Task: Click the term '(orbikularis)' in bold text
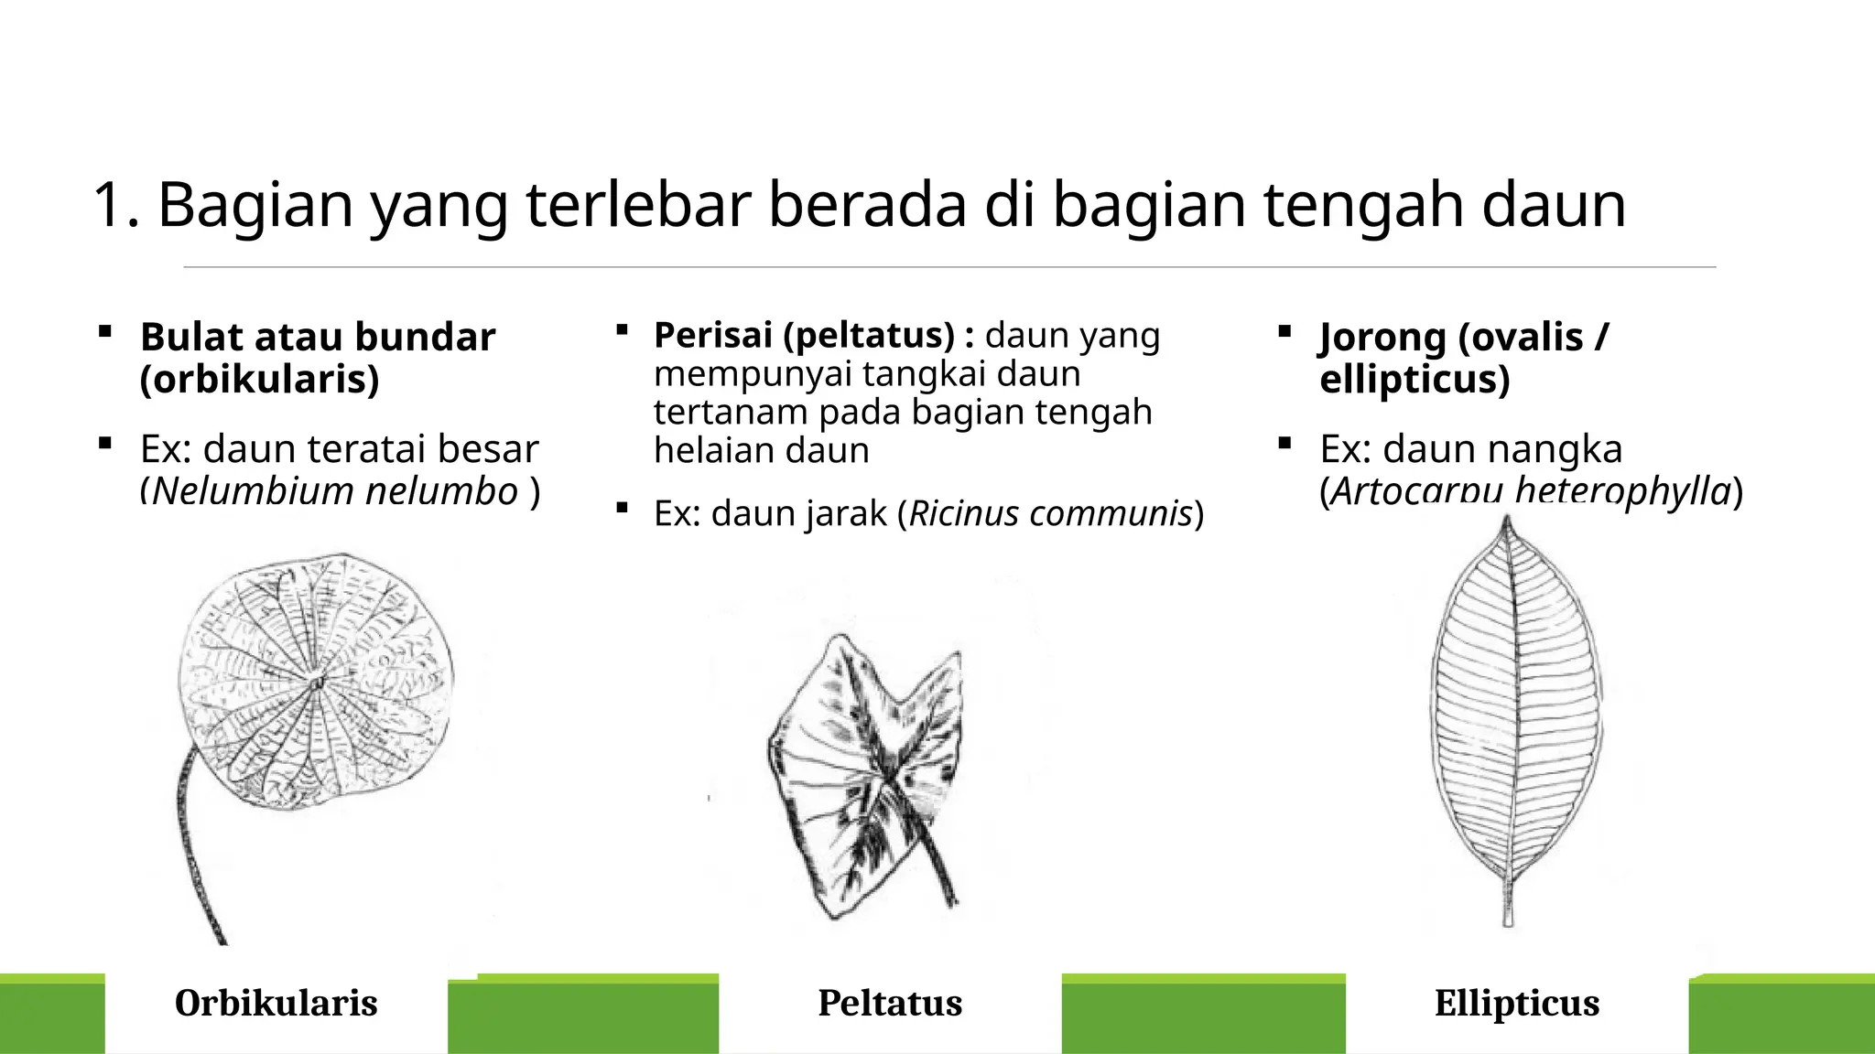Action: (259, 379)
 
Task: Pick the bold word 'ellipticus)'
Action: (1414, 379)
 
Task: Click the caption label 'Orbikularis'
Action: (276, 1003)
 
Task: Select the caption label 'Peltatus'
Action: (890, 1003)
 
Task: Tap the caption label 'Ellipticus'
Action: (1517, 1003)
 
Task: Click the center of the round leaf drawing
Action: (317, 682)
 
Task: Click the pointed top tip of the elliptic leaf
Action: (1507, 521)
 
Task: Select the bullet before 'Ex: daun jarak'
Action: (622, 508)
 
